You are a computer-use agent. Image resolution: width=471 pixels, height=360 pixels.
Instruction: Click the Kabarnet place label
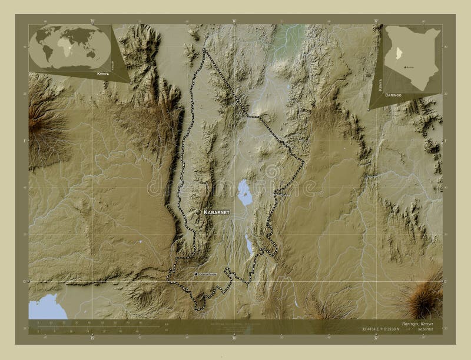tap(216, 211)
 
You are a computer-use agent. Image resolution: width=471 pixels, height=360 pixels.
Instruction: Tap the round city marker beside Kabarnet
tap(198, 211)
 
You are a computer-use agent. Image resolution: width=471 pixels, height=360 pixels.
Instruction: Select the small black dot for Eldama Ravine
tap(196, 274)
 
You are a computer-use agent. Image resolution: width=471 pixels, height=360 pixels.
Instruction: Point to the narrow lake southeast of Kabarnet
tap(248, 243)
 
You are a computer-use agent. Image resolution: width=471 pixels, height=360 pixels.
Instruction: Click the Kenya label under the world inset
tap(98, 75)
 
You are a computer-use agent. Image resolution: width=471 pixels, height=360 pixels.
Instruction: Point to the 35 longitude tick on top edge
tap(92, 22)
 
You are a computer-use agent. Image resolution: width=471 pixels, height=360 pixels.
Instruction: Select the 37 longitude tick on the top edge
tap(375, 22)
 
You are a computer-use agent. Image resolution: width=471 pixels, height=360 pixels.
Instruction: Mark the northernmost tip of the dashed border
tap(204, 49)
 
